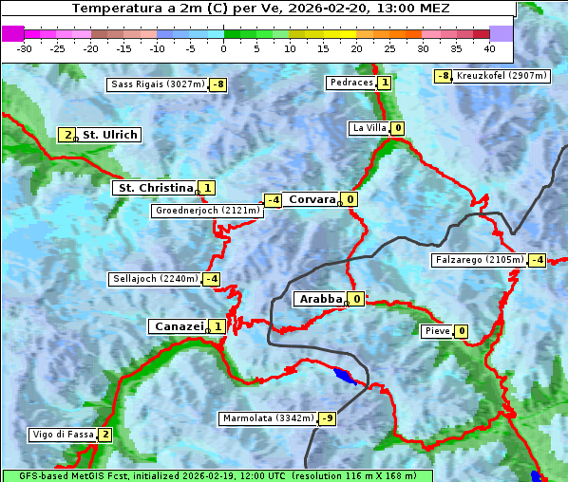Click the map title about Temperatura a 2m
pos(260,9)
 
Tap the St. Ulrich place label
pos(110,135)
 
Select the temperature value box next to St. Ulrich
pos(67,135)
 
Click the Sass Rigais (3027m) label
pos(157,84)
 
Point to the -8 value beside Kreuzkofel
pos(443,76)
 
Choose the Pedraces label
pos(350,83)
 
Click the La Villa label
pos(369,128)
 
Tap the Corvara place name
pos(312,199)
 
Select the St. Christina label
pos(155,188)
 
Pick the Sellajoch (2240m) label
pos(156,279)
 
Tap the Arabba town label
pos(320,299)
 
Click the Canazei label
pos(178,326)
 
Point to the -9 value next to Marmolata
pos(328,418)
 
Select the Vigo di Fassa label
pos(63,435)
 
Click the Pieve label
pos(437,331)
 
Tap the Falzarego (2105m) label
pos(479,260)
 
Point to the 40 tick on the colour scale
pos(489,48)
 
